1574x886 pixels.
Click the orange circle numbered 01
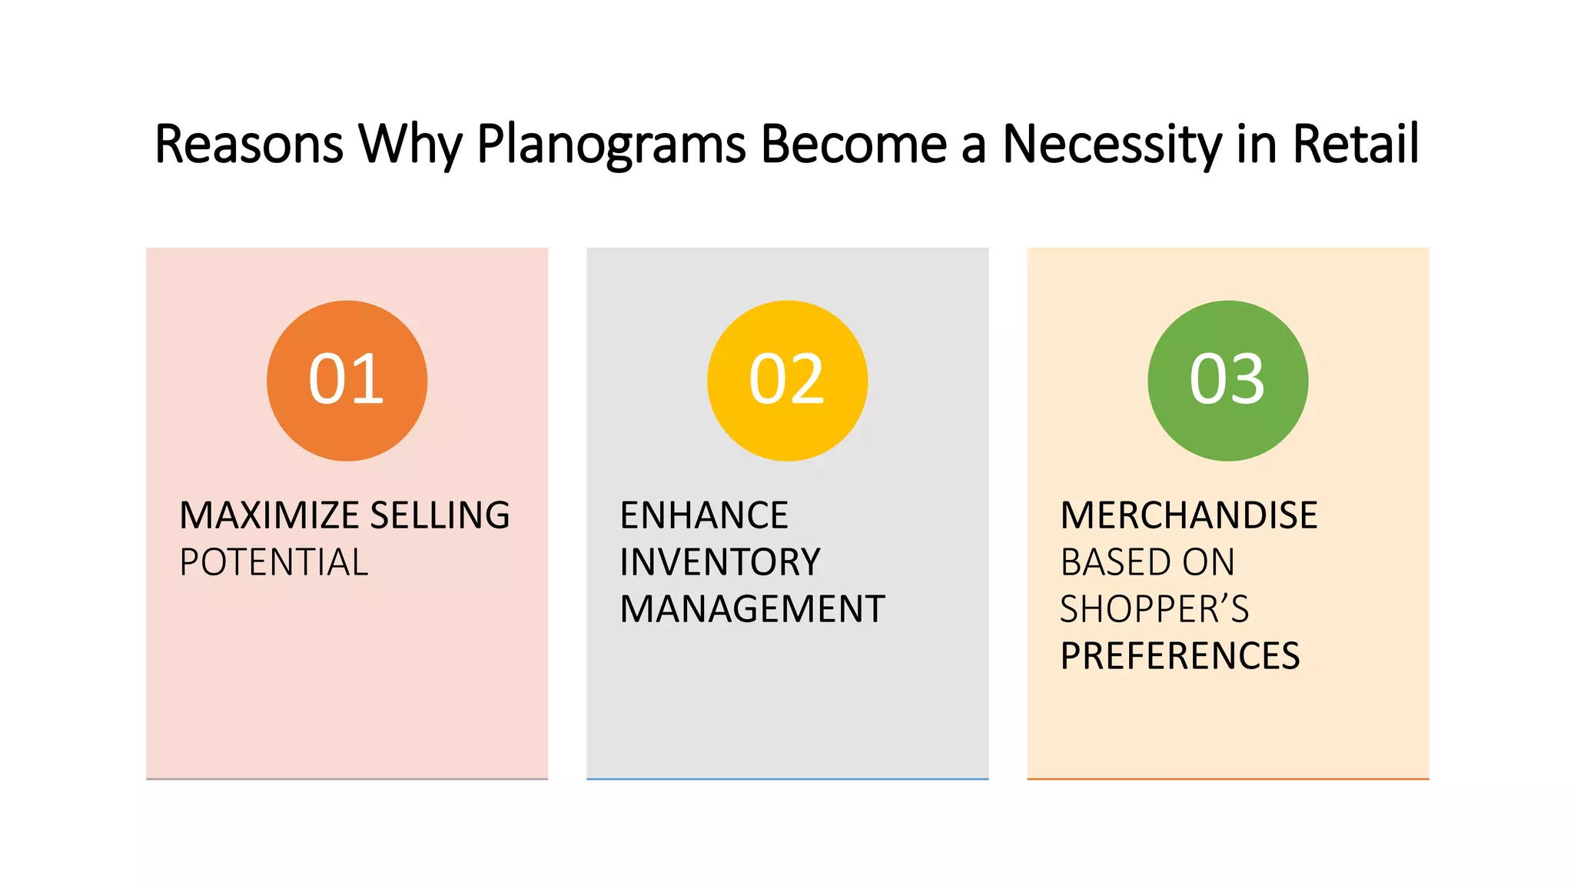click(x=347, y=381)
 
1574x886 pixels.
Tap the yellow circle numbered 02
click(x=787, y=381)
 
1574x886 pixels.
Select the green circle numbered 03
click(x=1227, y=381)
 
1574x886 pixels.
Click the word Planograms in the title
click(x=611, y=145)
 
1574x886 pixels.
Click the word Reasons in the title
click(x=248, y=145)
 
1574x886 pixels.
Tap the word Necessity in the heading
click(x=1112, y=145)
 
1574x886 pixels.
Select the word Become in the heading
click(x=853, y=145)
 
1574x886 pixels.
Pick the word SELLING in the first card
click(x=440, y=515)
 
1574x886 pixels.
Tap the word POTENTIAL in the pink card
click(x=274, y=562)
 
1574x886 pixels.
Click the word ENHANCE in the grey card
click(x=704, y=515)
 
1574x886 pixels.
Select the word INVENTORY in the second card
click(x=720, y=562)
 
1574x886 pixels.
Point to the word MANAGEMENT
click(x=752, y=609)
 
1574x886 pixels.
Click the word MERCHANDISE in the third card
click(x=1189, y=515)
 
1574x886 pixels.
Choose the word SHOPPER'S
click(x=1154, y=609)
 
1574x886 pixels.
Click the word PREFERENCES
click(x=1180, y=656)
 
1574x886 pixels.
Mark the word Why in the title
click(x=410, y=145)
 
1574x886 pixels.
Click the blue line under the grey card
click(x=787, y=779)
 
